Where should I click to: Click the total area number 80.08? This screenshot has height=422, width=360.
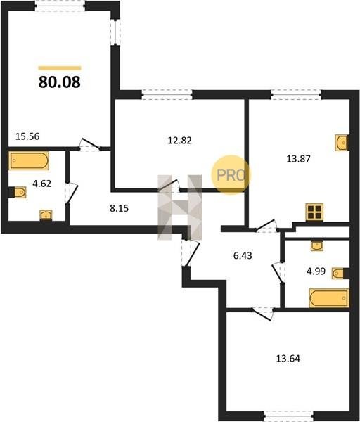click(60, 82)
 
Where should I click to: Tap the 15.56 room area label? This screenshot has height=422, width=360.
click(27, 136)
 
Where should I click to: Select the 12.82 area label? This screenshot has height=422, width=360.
click(180, 141)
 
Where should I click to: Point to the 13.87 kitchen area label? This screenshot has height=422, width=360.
click(298, 159)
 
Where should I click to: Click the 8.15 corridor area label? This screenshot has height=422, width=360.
click(120, 208)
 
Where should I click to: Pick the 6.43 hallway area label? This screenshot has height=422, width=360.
click(243, 255)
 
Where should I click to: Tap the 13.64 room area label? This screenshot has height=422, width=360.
click(288, 359)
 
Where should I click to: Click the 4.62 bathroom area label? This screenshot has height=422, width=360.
click(41, 184)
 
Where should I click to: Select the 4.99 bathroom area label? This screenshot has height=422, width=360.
click(316, 271)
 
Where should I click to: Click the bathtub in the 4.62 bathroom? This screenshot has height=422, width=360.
click(29, 160)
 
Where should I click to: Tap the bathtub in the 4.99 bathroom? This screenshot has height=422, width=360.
click(329, 298)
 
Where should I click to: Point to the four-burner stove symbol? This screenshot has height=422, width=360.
click(314, 212)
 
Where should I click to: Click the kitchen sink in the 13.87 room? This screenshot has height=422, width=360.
click(342, 142)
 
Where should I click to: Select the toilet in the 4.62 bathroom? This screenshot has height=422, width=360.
click(18, 192)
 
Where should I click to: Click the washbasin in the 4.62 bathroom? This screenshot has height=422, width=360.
click(46, 215)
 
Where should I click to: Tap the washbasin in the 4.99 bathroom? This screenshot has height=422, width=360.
click(317, 245)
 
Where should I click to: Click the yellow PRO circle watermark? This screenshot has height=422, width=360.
click(231, 175)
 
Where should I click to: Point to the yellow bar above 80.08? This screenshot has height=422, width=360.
click(60, 68)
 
